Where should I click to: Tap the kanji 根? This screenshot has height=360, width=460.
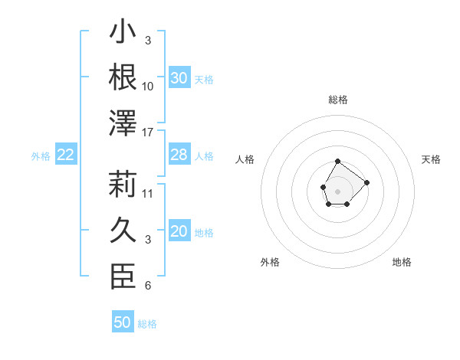click(123, 77)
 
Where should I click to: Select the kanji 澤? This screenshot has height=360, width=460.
click(123, 123)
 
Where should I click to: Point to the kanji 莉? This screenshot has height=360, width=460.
click(123, 184)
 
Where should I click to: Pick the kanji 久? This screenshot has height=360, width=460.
click(123, 230)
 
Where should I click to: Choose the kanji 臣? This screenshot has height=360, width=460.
click(123, 276)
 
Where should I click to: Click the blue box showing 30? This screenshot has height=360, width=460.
click(179, 78)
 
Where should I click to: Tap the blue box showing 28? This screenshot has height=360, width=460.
click(179, 155)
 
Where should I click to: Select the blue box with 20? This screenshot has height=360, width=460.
click(179, 232)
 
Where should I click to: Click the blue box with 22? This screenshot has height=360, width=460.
click(65, 155)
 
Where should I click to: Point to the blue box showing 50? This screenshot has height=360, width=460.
click(123, 322)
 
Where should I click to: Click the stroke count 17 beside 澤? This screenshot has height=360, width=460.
click(148, 133)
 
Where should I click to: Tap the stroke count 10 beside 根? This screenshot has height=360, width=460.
click(148, 86)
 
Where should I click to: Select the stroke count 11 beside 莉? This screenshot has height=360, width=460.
click(148, 193)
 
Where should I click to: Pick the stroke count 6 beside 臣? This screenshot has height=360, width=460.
click(148, 286)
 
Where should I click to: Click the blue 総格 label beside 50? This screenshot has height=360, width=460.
click(147, 324)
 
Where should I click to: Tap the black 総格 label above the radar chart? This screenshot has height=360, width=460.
click(338, 100)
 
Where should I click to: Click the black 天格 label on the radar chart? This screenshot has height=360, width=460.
click(432, 159)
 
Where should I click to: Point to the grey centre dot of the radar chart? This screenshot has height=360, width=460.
click(337, 190)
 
